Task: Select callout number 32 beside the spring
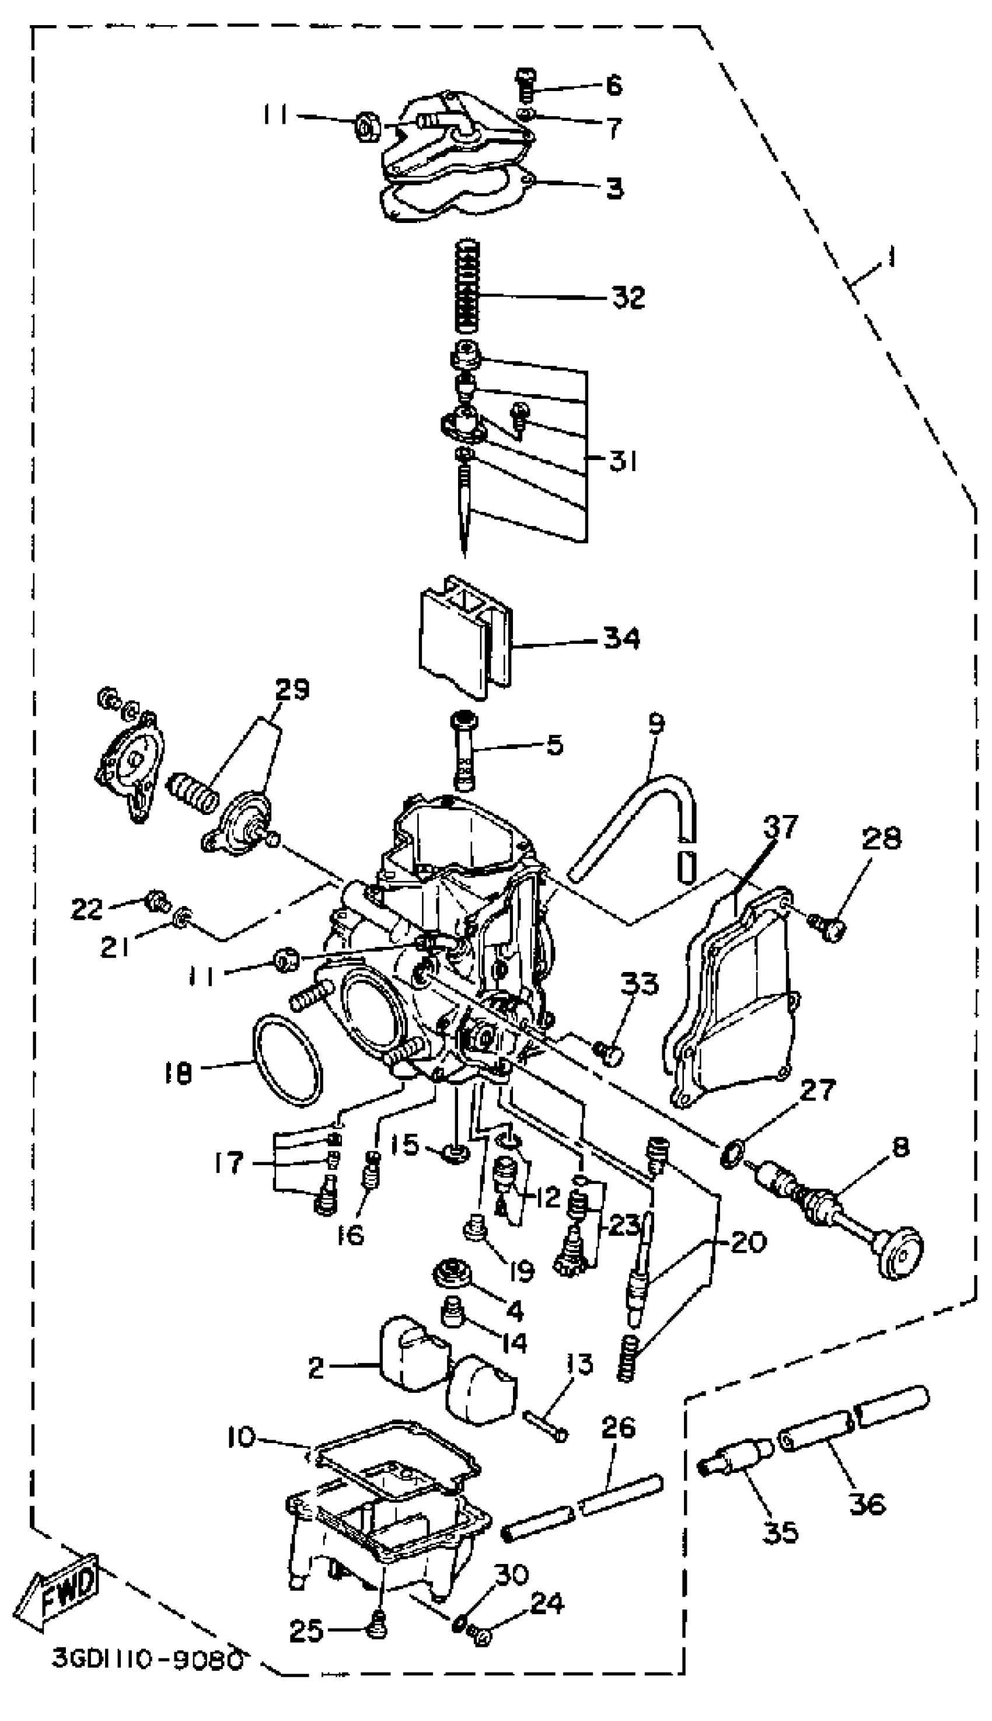pyautogui.click(x=627, y=297)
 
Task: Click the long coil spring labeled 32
pyautogui.click(x=467, y=286)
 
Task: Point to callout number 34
pyautogui.click(x=621, y=639)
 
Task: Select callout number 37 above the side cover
pyautogui.click(x=780, y=826)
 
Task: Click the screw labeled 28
pyautogui.click(x=829, y=927)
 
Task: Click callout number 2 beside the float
pyautogui.click(x=316, y=1367)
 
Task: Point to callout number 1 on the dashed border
pyautogui.click(x=890, y=257)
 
